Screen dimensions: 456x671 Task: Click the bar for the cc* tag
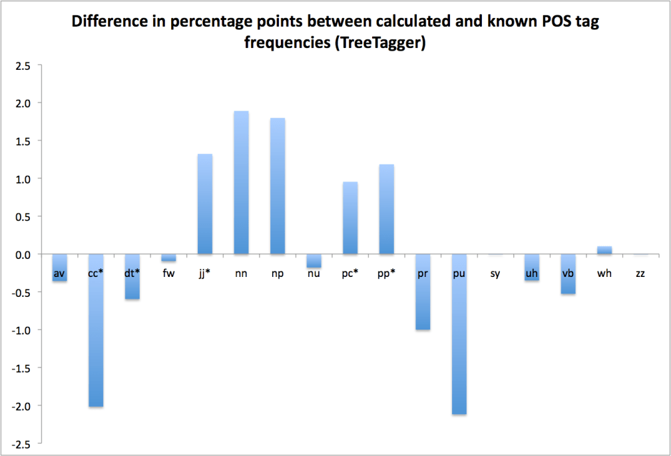[x=96, y=333]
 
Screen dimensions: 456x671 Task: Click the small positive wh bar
[x=604, y=250]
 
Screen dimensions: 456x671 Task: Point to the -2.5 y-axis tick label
[x=21, y=444]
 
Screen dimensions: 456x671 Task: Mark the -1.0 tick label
[x=21, y=330]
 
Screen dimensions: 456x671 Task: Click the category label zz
[x=640, y=273]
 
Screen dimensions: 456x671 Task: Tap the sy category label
[x=495, y=273]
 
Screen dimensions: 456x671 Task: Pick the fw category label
[x=168, y=273]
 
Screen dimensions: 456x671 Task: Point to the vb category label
[x=568, y=273]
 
